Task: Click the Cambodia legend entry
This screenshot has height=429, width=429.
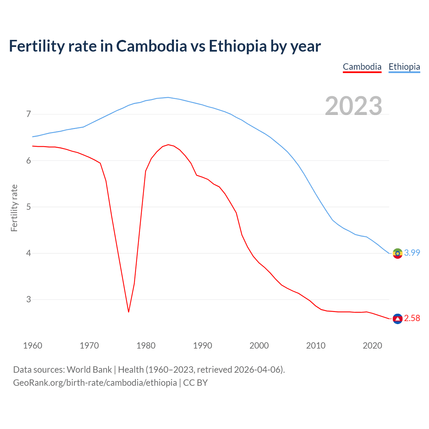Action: tap(362, 67)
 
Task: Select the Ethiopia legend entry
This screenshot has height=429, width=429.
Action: tap(404, 67)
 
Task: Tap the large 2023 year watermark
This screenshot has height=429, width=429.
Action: tap(354, 106)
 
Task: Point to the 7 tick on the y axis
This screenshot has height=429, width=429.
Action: tap(28, 114)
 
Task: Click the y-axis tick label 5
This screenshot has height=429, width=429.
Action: tap(28, 207)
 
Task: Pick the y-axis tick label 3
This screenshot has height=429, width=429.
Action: tap(28, 299)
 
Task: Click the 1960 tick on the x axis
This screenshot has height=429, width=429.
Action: tap(33, 346)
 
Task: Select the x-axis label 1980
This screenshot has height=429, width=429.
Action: tap(146, 346)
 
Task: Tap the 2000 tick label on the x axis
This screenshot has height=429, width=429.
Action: tap(259, 346)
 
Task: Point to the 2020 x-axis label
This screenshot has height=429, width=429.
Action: tap(372, 346)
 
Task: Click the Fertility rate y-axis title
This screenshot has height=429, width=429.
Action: tap(14, 208)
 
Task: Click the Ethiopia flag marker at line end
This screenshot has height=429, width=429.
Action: tap(397, 253)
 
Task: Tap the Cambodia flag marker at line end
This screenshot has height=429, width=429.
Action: tap(397, 319)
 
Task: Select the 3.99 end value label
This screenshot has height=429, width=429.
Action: tap(412, 253)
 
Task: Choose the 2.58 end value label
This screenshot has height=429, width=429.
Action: tap(412, 318)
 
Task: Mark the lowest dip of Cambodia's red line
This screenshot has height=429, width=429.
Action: tap(129, 312)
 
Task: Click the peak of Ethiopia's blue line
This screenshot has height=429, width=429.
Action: tap(168, 98)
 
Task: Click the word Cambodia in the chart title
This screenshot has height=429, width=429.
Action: tap(151, 46)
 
